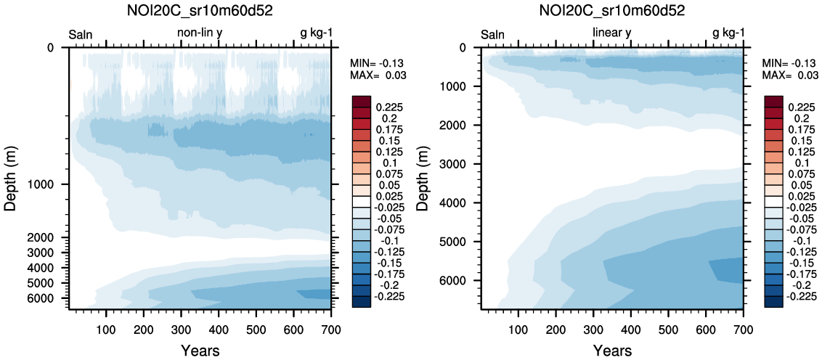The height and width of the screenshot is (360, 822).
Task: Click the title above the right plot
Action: (612, 11)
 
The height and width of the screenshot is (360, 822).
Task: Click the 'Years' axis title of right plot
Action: (612, 351)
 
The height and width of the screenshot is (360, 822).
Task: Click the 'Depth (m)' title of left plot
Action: (10, 179)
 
